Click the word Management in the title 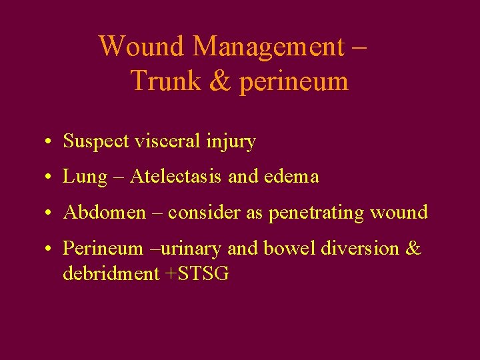pyautogui.click(x=267, y=47)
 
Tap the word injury pyautogui.click(x=232, y=142)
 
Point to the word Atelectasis pyautogui.click(x=175, y=177)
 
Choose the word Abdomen pyautogui.click(x=103, y=213)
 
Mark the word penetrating pyautogui.click(x=323, y=213)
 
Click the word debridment pyautogui.click(x=110, y=273)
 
